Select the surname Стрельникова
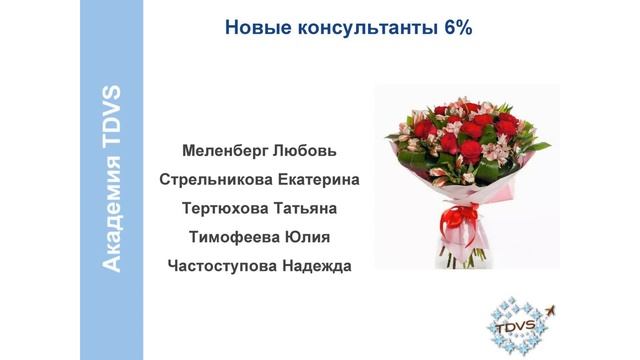pyautogui.click(x=209, y=180)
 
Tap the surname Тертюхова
pyautogui.click(x=226, y=209)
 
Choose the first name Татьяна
pyautogui.click(x=304, y=209)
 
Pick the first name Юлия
pyautogui.click(x=305, y=238)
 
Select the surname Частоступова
pyautogui.click(x=218, y=267)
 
